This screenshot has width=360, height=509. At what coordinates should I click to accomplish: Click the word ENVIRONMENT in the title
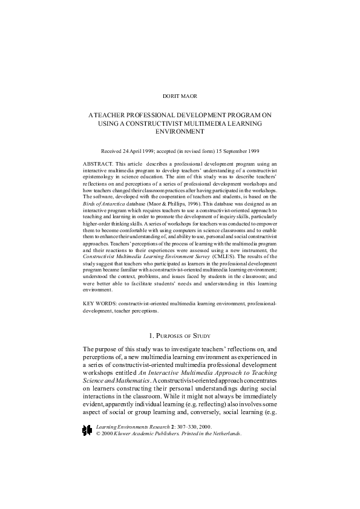180,131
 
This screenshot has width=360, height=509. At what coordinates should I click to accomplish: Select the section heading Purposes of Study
180,334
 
